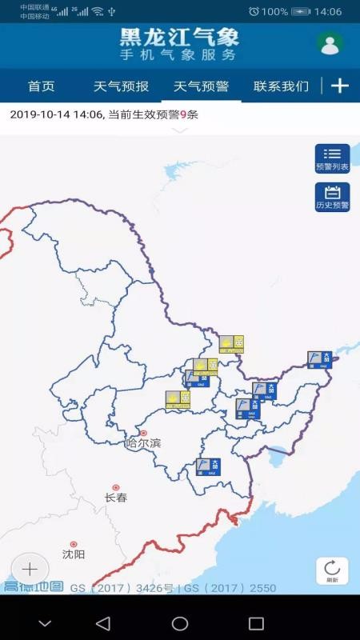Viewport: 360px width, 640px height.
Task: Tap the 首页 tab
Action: tap(41, 86)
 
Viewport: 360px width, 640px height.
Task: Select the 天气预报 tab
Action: tap(121, 86)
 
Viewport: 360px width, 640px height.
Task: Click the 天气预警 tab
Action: tap(201, 86)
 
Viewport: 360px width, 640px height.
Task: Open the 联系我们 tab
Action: tap(281, 86)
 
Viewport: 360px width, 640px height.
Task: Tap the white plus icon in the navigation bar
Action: tap(340, 86)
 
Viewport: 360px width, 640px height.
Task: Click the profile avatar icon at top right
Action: tap(330, 45)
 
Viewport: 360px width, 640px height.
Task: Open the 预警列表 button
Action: tap(332, 158)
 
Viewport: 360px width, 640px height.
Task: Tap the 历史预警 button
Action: tap(332, 197)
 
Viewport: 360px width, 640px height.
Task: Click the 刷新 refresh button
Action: tap(332, 570)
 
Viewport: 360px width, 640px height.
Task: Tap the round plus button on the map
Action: tap(30, 570)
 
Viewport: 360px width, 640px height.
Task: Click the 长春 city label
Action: tap(116, 497)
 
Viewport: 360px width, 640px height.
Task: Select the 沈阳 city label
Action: tap(74, 554)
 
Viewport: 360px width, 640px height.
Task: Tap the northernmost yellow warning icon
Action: tap(231, 344)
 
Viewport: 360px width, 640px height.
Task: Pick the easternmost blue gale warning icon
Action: tap(319, 360)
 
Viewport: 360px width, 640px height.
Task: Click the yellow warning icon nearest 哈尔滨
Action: tap(178, 400)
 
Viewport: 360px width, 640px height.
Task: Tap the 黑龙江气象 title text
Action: tap(179, 37)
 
